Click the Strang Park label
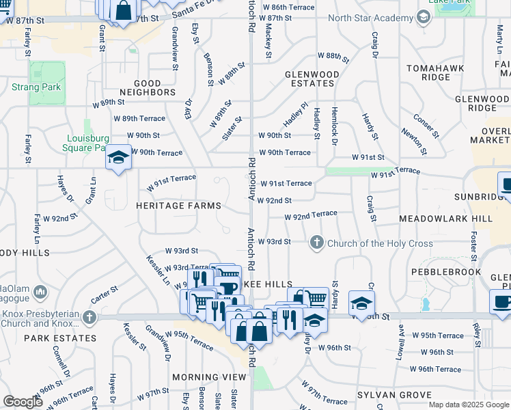click(36, 87)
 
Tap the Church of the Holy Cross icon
click(316, 243)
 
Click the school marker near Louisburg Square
click(118, 159)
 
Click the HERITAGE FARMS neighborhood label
click(178, 206)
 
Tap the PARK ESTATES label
click(61, 338)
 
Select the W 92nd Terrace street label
click(311, 215)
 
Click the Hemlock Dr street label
click(335, 126)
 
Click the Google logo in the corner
click(23, 402)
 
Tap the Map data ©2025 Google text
click(468, 405)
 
